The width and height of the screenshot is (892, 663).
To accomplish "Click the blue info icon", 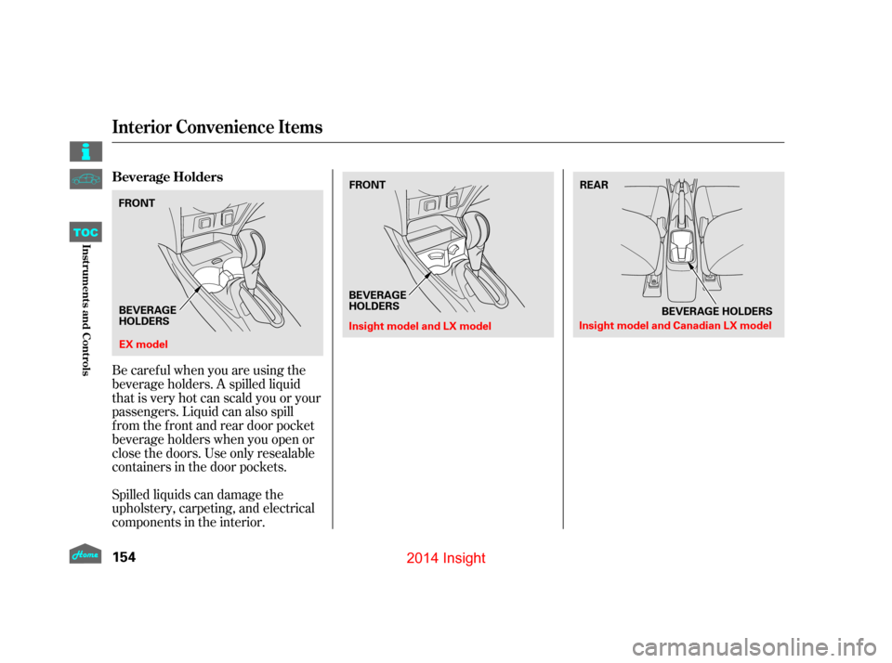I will click(x=85, y=150).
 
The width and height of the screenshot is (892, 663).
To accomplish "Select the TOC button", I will click(x=85, y=232).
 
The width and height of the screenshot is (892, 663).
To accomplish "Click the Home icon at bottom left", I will click(x=85, y=553).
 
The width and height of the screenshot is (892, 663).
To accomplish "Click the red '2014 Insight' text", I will click(x=446, y=558).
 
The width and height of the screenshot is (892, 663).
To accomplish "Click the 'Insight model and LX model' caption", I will click(x=419, y=326).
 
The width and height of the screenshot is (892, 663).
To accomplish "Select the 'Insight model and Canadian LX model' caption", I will click(x=675, y=326).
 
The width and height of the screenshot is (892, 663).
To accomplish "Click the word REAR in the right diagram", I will click(x=594, y=186).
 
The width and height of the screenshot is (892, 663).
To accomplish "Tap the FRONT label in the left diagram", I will click(x=138, y=202).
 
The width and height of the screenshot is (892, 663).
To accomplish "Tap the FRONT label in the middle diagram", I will click(x=367, y=186).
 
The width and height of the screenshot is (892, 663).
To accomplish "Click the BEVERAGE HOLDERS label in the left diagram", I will click(x=148, y=315).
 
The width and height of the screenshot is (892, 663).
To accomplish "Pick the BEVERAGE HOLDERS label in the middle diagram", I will click(x=377, y=300).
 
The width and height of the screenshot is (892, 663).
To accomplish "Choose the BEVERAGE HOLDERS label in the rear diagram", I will click(x=716, y=311).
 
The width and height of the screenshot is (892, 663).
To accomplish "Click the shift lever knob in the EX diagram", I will click(x=252, y=245).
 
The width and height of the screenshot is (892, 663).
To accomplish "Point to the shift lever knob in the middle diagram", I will click(x=480, y=227).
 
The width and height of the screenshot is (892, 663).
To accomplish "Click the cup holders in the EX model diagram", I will click(x=216, y=276).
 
